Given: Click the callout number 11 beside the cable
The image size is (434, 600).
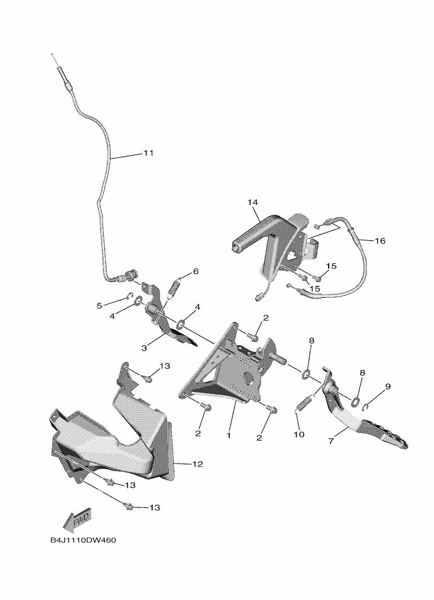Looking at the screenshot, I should click(x=148, y=153).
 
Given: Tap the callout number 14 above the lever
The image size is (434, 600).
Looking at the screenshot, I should click(x=252, y=202).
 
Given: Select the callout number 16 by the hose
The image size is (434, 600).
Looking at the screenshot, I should click(x=380, y=241).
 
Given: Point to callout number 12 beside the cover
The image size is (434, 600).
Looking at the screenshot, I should click(x=197, y=464).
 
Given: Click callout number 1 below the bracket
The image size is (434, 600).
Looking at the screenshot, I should click(x=229, y=435).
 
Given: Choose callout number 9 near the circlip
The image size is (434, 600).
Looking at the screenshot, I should click(x=388, y=386).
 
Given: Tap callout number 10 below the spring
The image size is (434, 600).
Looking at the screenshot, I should click(x=299, y=434).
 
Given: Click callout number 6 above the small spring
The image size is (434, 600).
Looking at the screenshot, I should click(x=196, y=271).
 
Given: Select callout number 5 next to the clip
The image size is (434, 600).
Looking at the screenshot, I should click(x=100, y=306).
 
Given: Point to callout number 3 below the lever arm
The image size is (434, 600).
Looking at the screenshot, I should click(x=144, y=348).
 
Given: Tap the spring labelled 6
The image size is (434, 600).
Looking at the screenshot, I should click(x=174, y=288).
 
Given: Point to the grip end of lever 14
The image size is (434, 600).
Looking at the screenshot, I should click(x=237, y=246).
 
